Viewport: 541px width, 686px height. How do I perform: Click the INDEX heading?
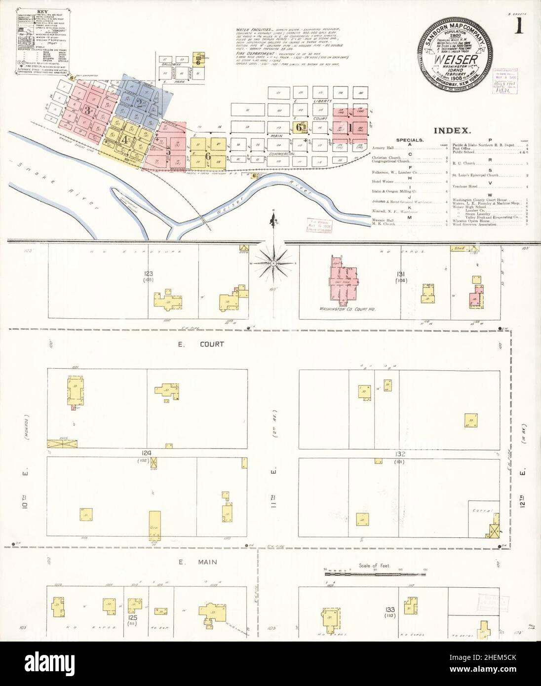452,131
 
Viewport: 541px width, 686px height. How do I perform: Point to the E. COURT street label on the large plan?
210,344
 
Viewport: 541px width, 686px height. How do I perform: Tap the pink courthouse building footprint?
344,281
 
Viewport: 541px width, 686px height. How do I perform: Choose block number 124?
147,452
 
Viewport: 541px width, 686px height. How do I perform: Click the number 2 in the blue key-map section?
140,104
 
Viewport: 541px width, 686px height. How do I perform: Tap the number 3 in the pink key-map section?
87,110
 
